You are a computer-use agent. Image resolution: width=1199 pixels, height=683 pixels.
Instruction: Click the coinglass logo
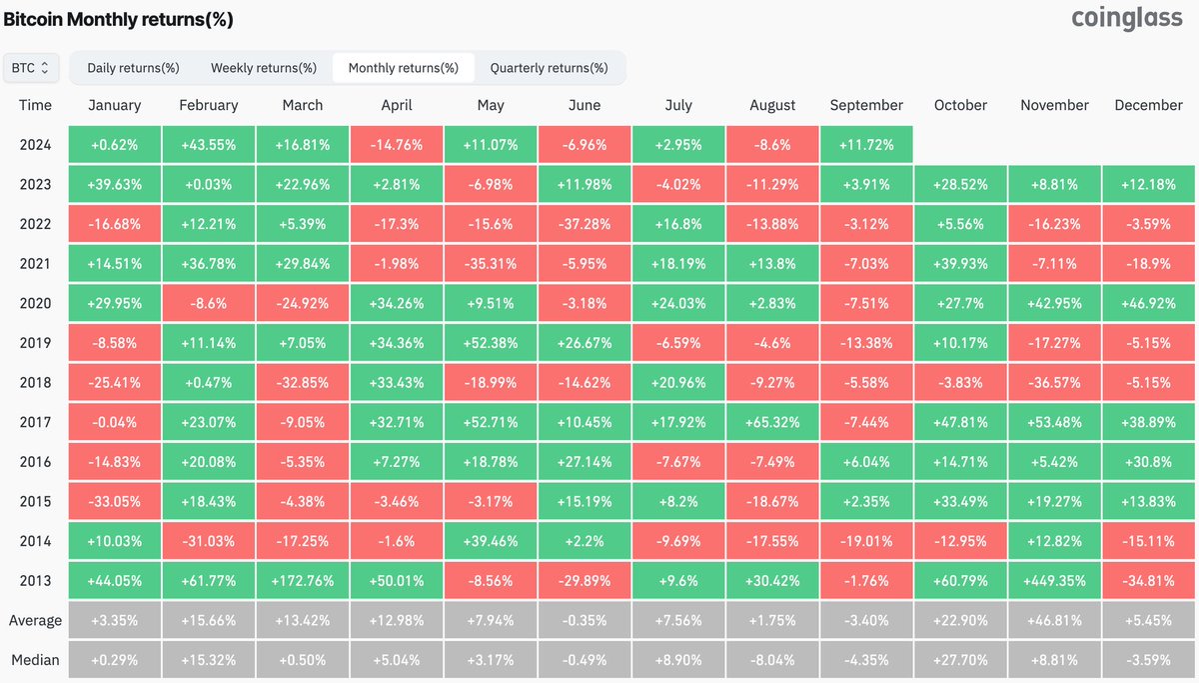tap(1126, 19)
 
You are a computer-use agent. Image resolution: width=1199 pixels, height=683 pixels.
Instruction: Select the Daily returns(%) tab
tap(133, 68)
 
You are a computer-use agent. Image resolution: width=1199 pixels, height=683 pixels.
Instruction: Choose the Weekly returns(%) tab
tap(263, 68)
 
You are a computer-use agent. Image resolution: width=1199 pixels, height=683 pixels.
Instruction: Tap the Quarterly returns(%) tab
tap(549, 68)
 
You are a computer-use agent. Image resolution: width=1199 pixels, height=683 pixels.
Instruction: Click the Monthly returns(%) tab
tap(403, 68)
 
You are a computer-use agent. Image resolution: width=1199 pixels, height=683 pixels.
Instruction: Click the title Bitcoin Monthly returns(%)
tap(119, 19)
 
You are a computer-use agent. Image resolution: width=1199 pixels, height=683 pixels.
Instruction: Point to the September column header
tap(865, 105)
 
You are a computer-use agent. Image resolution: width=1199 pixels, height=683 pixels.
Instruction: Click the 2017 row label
tap(35, 422)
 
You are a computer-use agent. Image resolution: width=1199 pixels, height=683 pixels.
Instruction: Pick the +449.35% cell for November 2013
tap(1054, 581)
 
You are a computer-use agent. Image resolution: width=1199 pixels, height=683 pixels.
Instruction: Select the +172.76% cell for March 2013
tap(303, 581)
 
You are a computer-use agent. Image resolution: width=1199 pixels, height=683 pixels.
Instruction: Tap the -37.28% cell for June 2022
tap(585, 224)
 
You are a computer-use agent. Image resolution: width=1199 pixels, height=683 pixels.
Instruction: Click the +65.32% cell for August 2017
tap(772, 422)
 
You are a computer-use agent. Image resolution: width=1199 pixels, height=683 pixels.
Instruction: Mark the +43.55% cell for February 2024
tap(208, 145)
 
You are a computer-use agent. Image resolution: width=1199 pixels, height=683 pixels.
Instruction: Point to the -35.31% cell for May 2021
tap(491, 264)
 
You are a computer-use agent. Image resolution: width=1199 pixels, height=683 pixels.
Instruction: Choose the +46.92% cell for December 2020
tap(1148, 303)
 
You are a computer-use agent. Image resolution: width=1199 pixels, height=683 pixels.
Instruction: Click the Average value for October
tap(960, 620)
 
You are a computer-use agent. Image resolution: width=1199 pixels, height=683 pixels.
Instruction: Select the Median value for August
tap(772, 660)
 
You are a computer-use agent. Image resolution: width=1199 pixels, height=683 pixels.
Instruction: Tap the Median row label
tap(35, 660)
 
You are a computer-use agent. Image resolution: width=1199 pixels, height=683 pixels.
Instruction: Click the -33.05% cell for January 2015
tap(115, 501)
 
